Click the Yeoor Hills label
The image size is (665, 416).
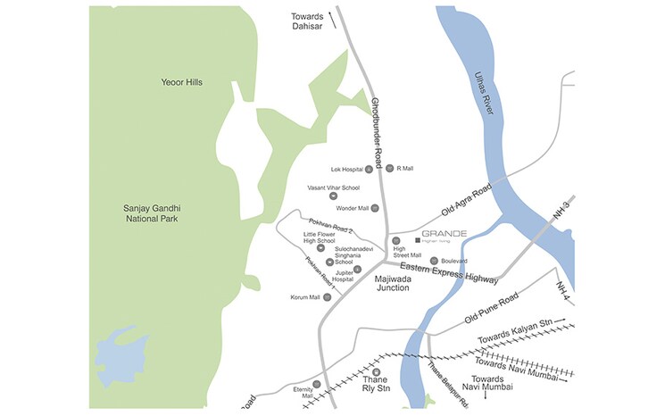[181, 82]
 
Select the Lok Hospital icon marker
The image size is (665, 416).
[369, 169]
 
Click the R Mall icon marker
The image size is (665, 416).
[388, 168]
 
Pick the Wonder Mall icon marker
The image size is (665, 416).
[375, 208]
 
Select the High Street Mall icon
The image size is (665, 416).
[395, 241]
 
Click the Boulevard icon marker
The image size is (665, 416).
[434, 261]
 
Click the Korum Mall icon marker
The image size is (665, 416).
[327, 297]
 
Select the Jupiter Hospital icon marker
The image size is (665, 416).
[357, 270]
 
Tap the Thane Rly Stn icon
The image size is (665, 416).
[376, 372]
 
